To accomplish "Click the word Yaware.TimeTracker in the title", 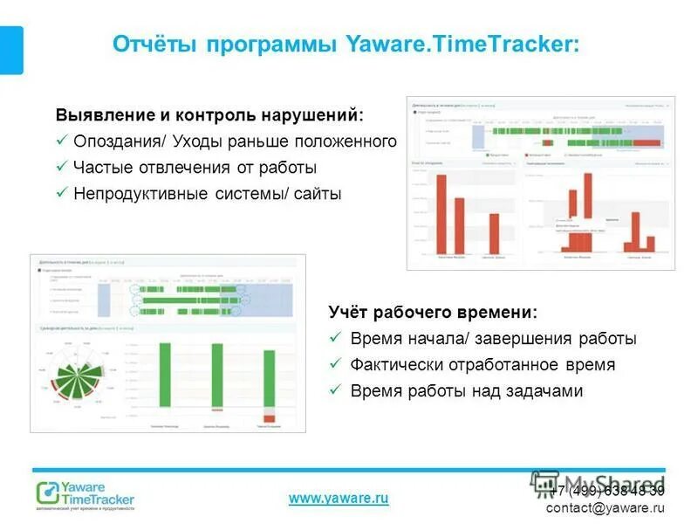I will click(x=462, y=44).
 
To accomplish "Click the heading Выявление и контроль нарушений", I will click(x=209, y=115).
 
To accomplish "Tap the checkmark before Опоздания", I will click(x=62, y=141).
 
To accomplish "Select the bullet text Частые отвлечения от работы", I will click(x=195, y=167).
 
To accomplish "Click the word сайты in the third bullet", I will click(x=318, y=193).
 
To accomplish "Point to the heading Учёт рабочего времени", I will click(x=433, y=312).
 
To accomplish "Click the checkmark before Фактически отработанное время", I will click(x=335, y=364).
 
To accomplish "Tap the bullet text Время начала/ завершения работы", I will click(x=493, y=338).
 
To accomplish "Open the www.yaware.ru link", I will click(x=338, y=498).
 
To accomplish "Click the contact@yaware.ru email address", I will click(x=605, y=507).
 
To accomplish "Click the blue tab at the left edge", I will click(x=10, y=50).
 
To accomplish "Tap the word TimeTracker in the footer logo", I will click(x=99, y=499).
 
